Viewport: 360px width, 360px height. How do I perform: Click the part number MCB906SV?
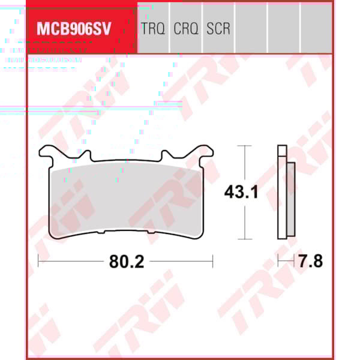(74, 29)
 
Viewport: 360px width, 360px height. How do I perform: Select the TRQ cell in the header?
(152, 29)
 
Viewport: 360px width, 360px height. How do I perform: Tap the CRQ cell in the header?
(185, 29)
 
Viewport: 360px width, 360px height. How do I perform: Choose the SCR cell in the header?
(218, 29)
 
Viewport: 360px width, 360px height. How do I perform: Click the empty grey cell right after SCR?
(250, 29)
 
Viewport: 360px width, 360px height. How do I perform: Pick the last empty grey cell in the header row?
(316, 29)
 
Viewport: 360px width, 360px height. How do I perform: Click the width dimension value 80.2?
(125, 262)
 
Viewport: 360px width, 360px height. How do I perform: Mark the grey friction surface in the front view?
(126, 198)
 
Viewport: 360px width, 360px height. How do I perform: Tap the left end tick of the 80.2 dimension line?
(38, 261)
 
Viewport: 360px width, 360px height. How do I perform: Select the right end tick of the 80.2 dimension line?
(213, 261)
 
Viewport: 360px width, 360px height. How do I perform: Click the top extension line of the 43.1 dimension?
(243, 146)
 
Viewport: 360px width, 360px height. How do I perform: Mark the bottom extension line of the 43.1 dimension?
(243, 238)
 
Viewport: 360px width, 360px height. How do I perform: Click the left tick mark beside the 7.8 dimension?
(278, 261)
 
